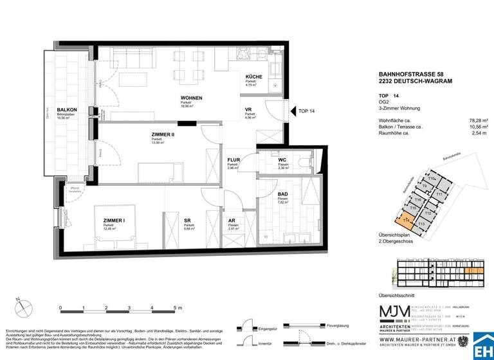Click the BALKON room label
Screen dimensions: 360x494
(67, 110)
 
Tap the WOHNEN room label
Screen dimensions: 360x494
(192, 98)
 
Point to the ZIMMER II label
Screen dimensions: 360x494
(163, 134)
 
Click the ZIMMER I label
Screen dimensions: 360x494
(114, 221)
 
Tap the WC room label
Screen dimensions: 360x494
(282, 159)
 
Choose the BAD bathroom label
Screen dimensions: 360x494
(282, 194)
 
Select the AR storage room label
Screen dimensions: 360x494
(232, 221)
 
